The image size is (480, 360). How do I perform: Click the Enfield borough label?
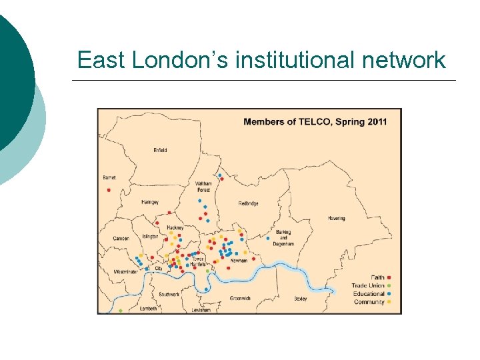[160, 150]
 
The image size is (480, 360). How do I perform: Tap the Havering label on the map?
[337, 218]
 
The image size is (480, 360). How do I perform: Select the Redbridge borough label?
[248, 203]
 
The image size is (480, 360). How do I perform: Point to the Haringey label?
[150, 202]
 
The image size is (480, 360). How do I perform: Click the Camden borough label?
[121, 238]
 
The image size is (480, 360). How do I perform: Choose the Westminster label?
[125, 272]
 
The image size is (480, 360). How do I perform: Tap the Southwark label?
[169, 294]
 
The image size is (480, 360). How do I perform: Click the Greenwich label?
[240, 298]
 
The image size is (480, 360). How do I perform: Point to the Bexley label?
[301, 299]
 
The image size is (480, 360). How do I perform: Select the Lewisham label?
[201, 310]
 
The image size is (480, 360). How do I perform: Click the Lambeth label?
[149, 309]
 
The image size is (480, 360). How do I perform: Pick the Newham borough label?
[239, 261]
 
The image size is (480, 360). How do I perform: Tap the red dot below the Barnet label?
[109, 189]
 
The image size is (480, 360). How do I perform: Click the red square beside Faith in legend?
[389, 277]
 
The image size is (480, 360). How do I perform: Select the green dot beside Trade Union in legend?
[389, 285]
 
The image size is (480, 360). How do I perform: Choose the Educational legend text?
[369, 294]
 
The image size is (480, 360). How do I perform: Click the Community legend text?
[369, 302]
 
